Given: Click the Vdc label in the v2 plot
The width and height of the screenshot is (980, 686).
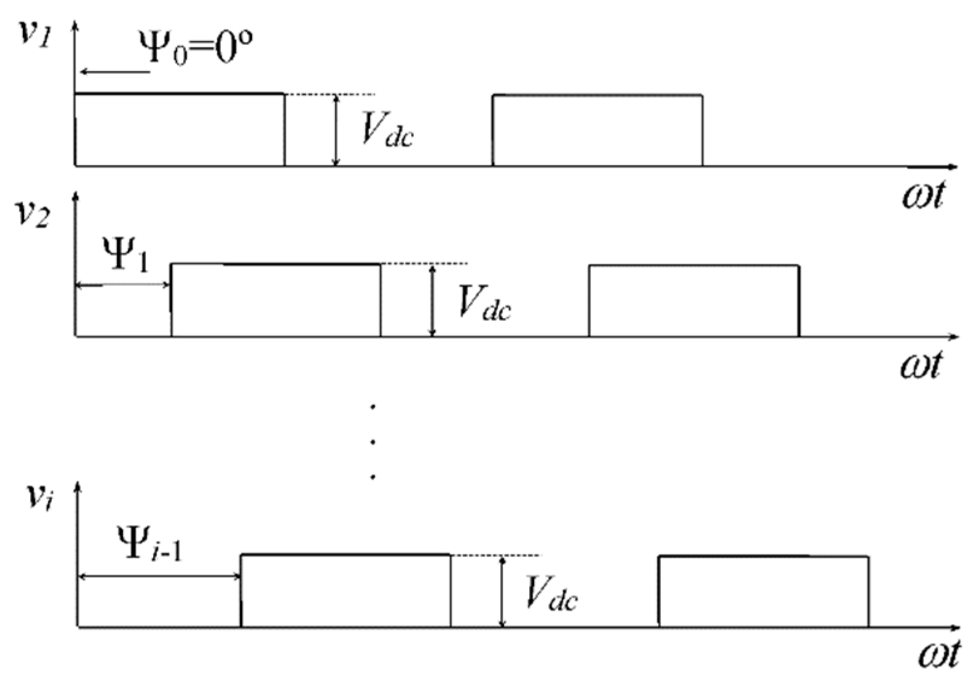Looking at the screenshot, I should click(x=484, y=302).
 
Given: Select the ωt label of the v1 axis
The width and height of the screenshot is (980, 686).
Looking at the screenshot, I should click(x=922, y=195).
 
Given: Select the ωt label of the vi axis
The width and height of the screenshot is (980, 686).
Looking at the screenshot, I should click(x=938, y=655).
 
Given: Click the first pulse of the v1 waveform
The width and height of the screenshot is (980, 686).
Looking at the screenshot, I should click(x=179, y=129).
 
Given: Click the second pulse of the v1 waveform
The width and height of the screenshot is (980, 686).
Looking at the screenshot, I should click(x=597, y=129).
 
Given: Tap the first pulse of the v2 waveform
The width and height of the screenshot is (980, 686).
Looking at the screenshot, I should click(x=275, y=300).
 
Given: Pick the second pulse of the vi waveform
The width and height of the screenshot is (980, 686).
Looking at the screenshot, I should click(x=763, y=591).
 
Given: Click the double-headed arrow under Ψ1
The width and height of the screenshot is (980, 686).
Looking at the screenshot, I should click(x=123, y=285).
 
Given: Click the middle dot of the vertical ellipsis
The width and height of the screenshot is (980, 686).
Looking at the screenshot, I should click(x=374, y=443).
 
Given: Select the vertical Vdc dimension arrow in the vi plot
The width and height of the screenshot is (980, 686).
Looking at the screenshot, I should click(x=502, y=591).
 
